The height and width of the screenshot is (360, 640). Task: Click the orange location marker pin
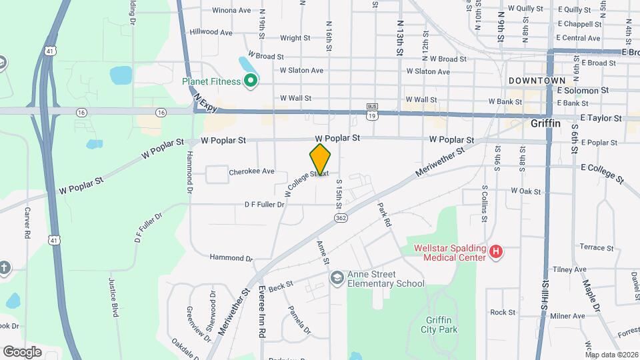[x=321, y=159]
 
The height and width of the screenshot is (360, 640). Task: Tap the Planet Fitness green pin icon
[x=251, y=81]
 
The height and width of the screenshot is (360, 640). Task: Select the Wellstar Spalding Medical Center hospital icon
[x=495, y=252]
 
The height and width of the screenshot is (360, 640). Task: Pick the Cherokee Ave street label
[x=251, y=171]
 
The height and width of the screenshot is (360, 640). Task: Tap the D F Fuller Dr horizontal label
[x=265, y=205]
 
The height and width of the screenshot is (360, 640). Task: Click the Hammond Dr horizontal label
[x=231, y=257]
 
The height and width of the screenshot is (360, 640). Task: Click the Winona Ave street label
[x=231, y=11]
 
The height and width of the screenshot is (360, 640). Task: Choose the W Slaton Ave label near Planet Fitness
[x=301, y=71]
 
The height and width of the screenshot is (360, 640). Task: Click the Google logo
[x=23, y=351]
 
